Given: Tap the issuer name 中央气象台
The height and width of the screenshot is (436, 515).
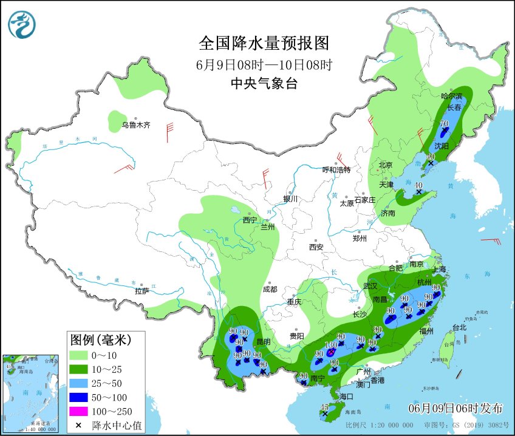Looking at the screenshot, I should point(264,84).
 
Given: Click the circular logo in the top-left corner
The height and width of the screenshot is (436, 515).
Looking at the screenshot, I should point(22,25).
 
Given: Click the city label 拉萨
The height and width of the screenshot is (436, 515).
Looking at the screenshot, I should point(142,291).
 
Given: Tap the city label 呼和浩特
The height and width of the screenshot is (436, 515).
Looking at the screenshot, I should point(336,170).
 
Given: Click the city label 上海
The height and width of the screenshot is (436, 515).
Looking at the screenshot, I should point(438,270).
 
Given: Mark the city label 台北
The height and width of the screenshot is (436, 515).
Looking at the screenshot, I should point(459,327).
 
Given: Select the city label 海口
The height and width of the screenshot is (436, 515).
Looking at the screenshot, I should point(346,397).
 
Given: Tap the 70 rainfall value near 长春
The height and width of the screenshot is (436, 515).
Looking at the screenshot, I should point(444,123).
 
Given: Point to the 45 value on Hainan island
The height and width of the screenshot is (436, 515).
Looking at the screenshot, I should point(325,407).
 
